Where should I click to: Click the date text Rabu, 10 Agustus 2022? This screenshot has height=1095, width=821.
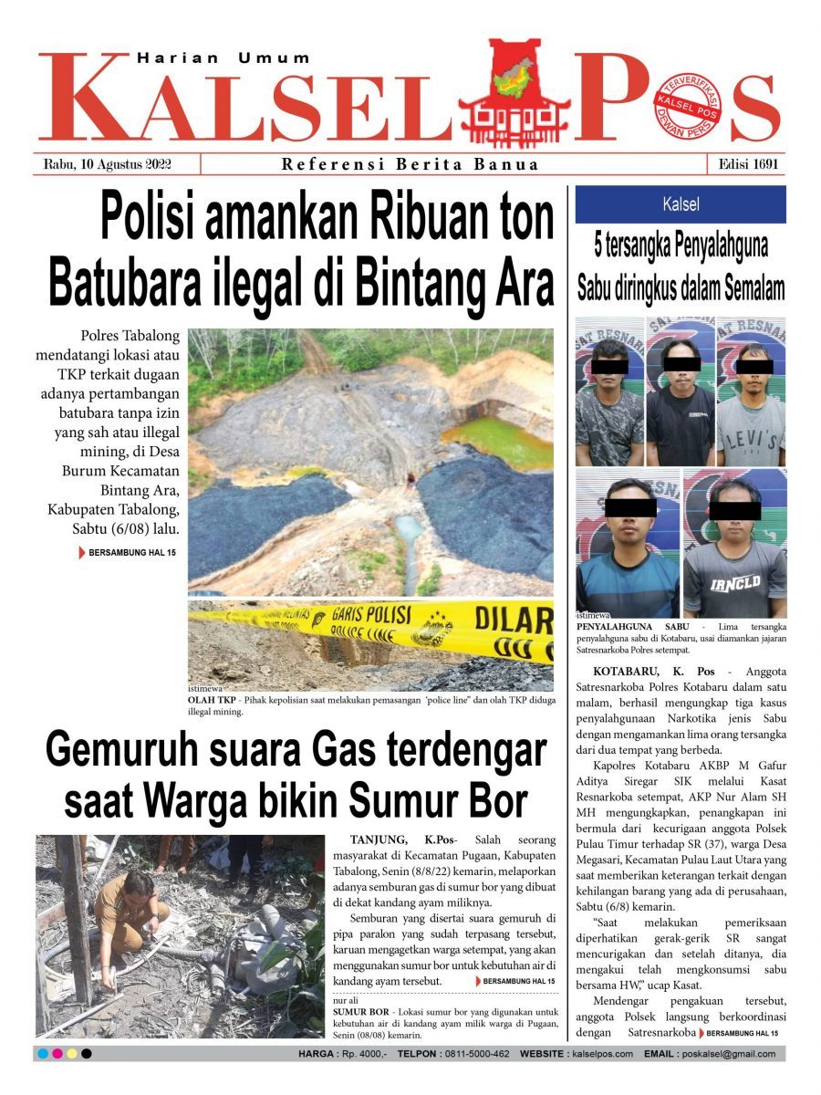(108, 165)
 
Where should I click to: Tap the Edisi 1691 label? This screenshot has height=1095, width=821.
(745, 165)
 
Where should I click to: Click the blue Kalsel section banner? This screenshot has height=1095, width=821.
(680, 204)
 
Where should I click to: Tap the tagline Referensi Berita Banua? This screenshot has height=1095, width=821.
(410, 165)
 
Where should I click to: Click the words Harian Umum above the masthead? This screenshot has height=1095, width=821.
(223, 57)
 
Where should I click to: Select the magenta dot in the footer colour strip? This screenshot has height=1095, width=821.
(57, 1054)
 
